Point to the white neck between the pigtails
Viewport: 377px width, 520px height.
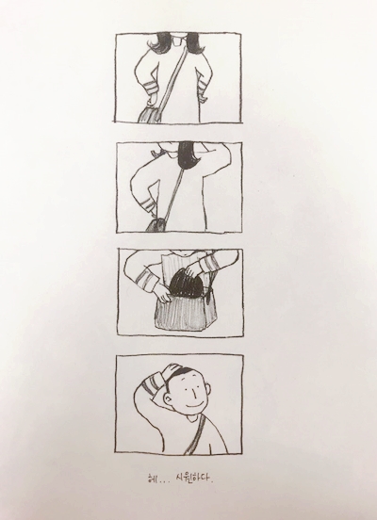177,41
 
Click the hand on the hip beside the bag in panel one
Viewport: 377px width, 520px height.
153,99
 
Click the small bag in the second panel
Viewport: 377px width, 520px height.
156,225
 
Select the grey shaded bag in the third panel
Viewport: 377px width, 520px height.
181,314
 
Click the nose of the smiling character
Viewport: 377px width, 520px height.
195,395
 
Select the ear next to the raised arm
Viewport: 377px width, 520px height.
169,399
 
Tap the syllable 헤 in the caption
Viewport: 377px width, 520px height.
153,479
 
